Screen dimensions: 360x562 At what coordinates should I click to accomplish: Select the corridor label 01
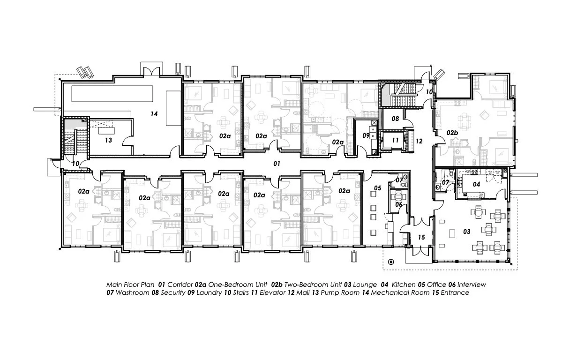click(277, 164)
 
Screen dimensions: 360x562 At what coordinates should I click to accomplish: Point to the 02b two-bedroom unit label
click(451, 133)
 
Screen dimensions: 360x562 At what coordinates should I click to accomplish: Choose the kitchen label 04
click(476, 184)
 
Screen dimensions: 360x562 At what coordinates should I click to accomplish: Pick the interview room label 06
click(399, 204)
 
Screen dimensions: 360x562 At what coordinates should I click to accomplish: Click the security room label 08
click(395, 119)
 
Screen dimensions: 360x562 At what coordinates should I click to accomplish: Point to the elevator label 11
click(395, 140)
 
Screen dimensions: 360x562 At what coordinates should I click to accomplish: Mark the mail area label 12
click(419, 141)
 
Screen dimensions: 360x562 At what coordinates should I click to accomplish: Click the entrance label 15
click(421, 238)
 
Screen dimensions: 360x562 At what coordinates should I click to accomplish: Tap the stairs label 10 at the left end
click(75, 163)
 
